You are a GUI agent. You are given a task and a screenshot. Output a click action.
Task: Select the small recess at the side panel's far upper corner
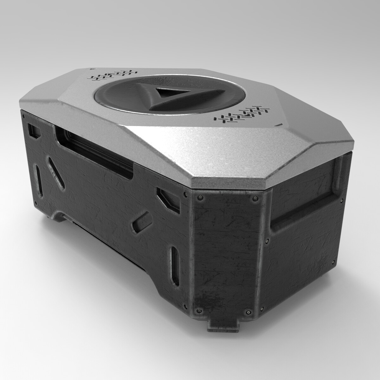pos(34,130)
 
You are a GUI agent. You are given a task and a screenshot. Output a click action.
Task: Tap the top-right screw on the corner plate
pos(254,199)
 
